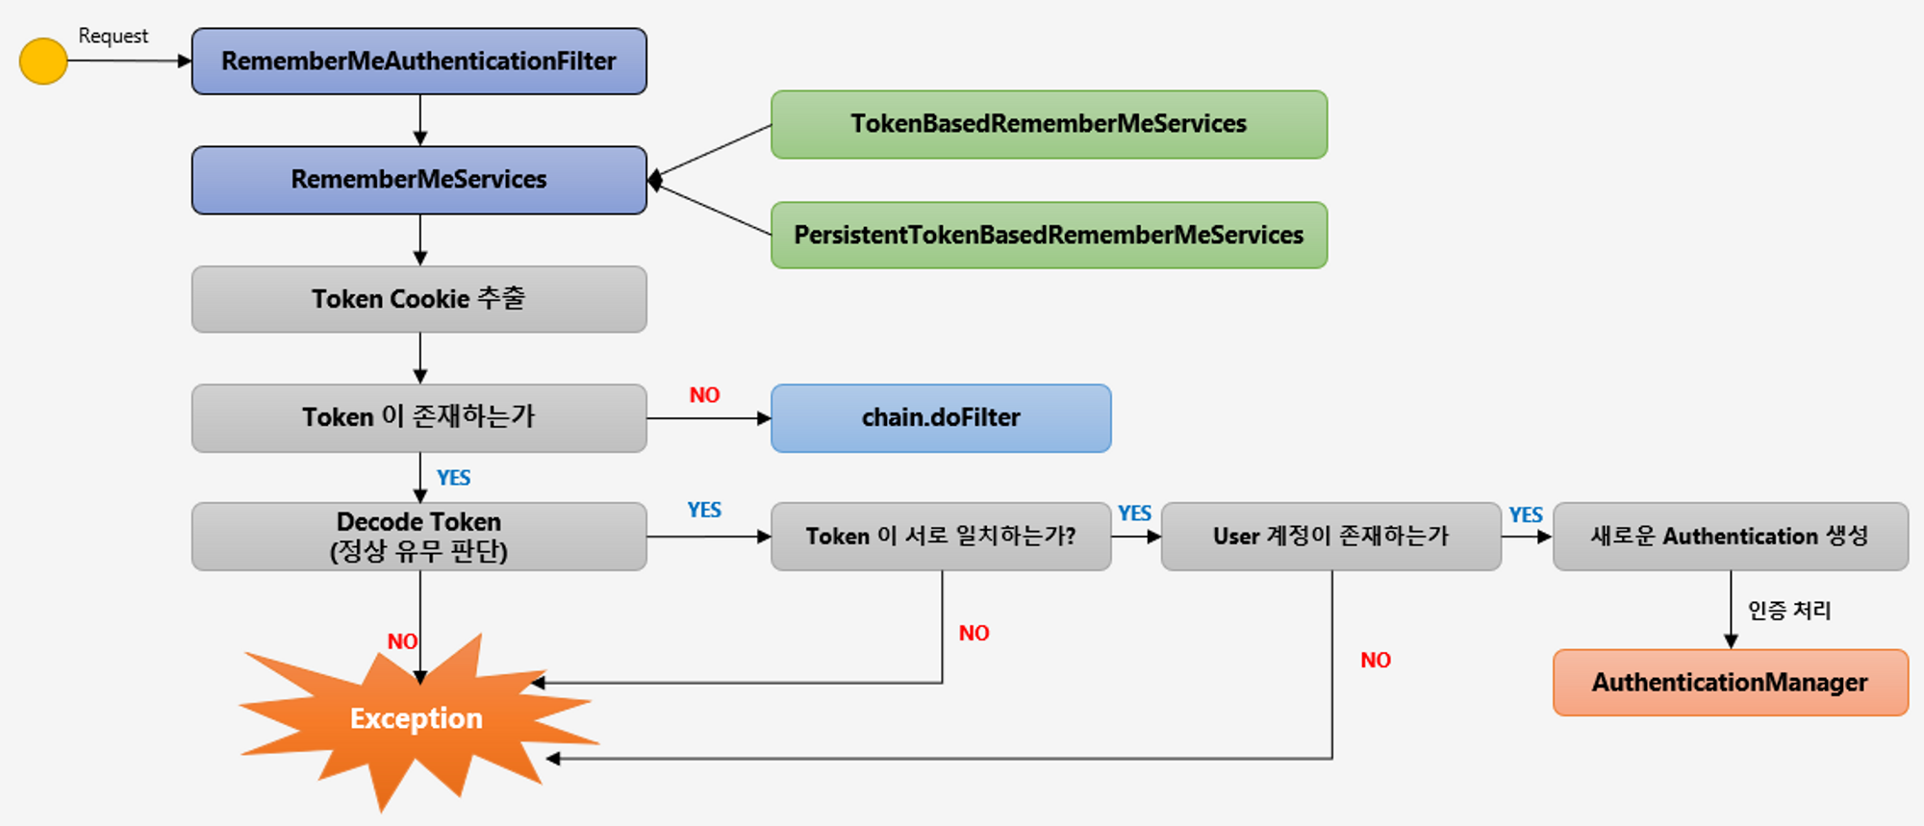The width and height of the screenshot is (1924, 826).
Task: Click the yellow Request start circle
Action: pos(43,62)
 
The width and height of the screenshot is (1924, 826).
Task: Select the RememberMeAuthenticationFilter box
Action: pos(419,62)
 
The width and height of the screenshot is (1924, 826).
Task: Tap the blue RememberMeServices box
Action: pos(419,180)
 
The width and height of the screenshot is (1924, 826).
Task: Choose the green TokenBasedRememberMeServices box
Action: pos(1050,124)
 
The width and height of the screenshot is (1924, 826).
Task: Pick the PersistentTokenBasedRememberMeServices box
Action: pos(1050,235)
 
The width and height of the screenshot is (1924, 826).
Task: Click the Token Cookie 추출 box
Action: pos(419,299)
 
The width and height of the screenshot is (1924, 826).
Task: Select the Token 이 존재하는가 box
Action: pos(419,418)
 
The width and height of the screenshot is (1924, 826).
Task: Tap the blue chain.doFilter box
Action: pos(941,418)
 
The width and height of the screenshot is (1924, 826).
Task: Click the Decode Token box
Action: pos(419,537)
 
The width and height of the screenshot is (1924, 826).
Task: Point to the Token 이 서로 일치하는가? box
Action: pos(941,537)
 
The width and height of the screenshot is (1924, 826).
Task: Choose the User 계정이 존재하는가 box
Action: pos(1331,537)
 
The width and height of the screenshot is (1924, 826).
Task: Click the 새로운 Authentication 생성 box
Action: pos(1731,537)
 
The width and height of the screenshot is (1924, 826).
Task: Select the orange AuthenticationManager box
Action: pos(1731,683)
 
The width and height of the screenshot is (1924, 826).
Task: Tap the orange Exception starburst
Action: pos(418,719)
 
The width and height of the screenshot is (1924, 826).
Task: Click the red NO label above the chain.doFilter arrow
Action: pos(704,395)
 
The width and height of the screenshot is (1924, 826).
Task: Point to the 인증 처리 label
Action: pos(1789,611)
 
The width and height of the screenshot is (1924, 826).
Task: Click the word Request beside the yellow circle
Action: pos(114,37)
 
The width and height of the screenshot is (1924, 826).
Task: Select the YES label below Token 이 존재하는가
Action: pos(453,478)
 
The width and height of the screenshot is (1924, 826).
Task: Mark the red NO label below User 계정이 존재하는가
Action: pos(1376,661)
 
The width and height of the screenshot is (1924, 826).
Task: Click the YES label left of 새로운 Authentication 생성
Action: pos(1526,515)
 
